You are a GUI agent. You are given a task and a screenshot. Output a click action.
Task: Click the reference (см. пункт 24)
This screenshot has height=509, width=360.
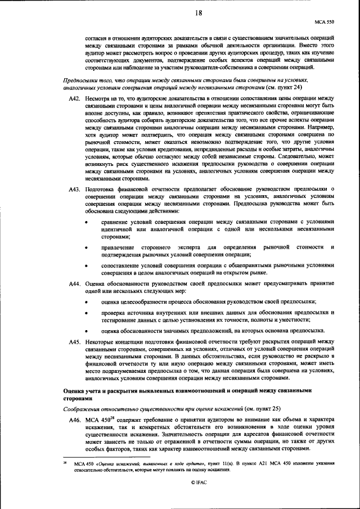click(x=287, y=88)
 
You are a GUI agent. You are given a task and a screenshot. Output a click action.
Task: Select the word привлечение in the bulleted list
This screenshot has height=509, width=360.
click(x=119, y=248)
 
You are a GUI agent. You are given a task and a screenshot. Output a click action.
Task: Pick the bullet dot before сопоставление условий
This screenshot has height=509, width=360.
click(x=86, y=265)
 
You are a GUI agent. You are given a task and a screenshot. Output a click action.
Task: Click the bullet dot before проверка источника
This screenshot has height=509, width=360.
click(x=86, y=312)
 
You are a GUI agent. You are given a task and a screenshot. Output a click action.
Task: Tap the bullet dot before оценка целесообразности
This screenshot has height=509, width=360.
click(x=86, y=302)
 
